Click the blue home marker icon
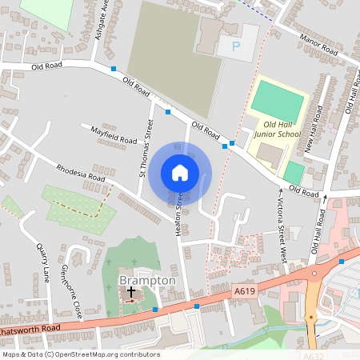tap(180, 172)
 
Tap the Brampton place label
tap(147, 281)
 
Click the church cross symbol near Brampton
tap(130, 293)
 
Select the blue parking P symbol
tap(236, 47)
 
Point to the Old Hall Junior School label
tap(277, 129)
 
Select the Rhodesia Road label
tap(81, 174)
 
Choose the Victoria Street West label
tap(282, 226)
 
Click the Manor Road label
tap(318, 45)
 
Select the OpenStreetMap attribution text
tap(81, 354)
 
